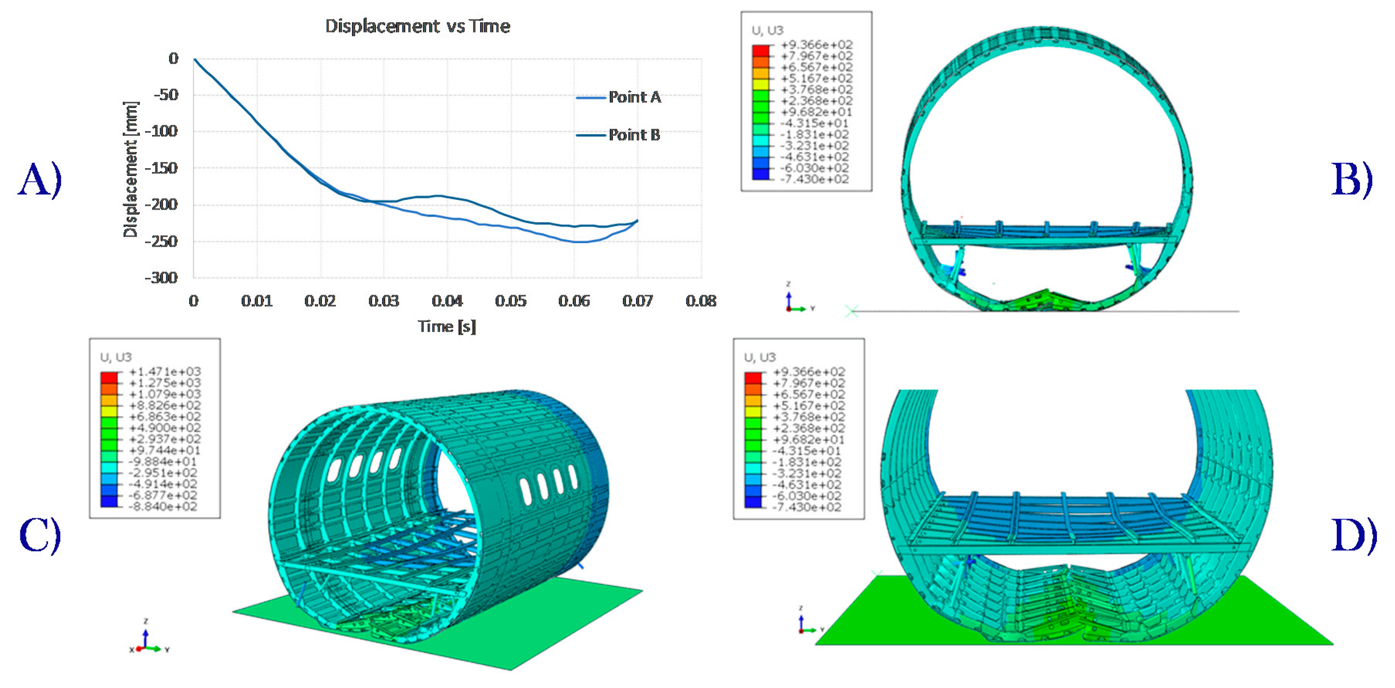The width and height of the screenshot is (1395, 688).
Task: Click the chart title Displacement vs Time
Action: pyautogui.click(x=417, y=26)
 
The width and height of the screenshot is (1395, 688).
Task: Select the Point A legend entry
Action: pyautogui.click(x=618, y=98)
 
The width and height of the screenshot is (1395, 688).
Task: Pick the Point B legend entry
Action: pyautogui.click(x=618, y=135)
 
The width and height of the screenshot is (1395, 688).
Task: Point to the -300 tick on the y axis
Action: pyautogui.click(x=161, y=278)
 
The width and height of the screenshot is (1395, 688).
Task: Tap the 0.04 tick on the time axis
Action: pyautogui.click(x=447, y=301)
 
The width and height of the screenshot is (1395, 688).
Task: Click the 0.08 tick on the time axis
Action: pyautogui.click(x=701, y=301)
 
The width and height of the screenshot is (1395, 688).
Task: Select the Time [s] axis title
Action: pyautogui.click(x=447, y=326)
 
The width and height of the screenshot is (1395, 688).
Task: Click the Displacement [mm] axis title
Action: pyautogui.click(x=130, y=169)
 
